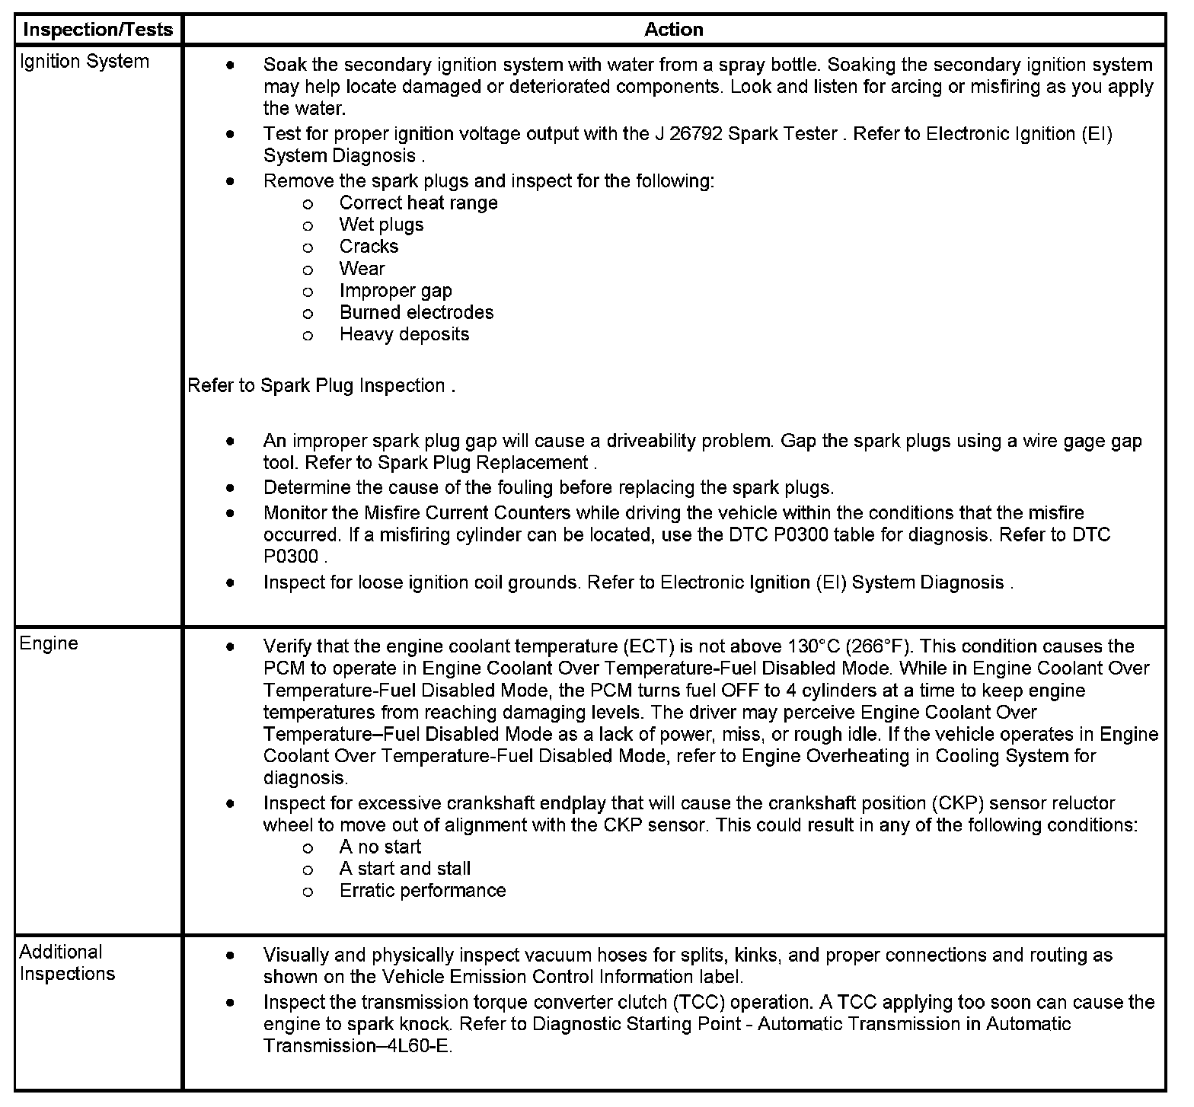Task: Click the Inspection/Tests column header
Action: [x=98, y=30]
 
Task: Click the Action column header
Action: [x=673, y=30]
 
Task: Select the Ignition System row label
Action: [x=84, y=62]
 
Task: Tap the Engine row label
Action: [x=49, y=643]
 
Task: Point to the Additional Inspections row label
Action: [x=67, y=962]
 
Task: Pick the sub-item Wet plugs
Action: [x=382, y=225]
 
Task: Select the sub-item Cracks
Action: [x=369, y=247]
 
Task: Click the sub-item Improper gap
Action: [x=395, y=291]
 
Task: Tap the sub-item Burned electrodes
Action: [x=417, y=312]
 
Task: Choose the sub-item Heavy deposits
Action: [x=404, y=334]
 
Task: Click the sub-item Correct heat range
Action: [x=418, y=203]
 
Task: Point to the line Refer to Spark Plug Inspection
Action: [x=321, y=385]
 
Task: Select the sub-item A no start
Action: [x=380, y=847]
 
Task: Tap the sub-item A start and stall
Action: [x=405, y=869]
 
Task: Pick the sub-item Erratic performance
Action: [x=423, y=891]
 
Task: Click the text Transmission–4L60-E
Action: [x=357, y=1046]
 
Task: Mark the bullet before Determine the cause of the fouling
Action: [x=230, y=487]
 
